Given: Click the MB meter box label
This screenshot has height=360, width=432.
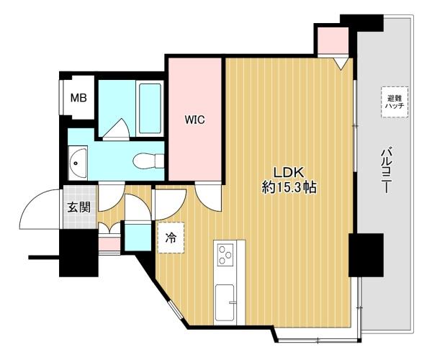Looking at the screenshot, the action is [78, 98].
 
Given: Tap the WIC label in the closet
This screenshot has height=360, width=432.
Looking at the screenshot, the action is [195, 120].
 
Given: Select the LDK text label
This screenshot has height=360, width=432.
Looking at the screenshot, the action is [289, 172].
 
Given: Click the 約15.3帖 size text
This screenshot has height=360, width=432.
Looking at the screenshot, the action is [289, 188].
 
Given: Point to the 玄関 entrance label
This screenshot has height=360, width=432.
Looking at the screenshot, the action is [79, 207].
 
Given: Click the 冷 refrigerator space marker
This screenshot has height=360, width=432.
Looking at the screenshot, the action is [171, 238].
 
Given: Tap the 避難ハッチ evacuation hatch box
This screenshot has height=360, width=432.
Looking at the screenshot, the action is [395, 102].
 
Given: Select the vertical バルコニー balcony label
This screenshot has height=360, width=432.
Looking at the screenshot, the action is [387, 170].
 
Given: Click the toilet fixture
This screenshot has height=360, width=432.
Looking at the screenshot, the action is [148, 161].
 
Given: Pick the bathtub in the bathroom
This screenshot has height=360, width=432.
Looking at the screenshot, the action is [150, 108].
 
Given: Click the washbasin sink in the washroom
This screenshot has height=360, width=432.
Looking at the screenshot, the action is [78, 163].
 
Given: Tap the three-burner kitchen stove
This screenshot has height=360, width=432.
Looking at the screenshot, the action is [225, 255].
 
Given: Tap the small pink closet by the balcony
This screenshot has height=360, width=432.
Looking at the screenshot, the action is [333, 41].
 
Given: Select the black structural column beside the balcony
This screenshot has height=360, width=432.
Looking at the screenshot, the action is [366, 255].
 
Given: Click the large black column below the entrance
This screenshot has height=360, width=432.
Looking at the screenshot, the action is [78, 253].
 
